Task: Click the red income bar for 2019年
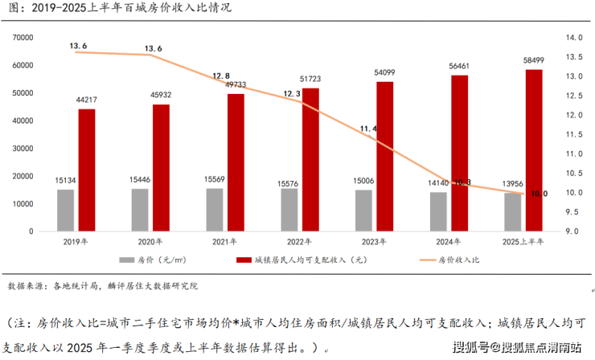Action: [x=87, y=170]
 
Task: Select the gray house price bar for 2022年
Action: [x=289, y=210]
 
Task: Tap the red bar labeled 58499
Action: [x=534, y=150]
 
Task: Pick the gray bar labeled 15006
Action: [x=364, y=211]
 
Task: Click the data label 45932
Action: [x=162, y=96]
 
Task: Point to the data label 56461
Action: [x=459, y=66]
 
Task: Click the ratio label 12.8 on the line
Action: [x=222, y=76]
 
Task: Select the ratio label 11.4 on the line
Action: [x=370, y=129]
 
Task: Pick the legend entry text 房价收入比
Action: [x=458, y=260]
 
